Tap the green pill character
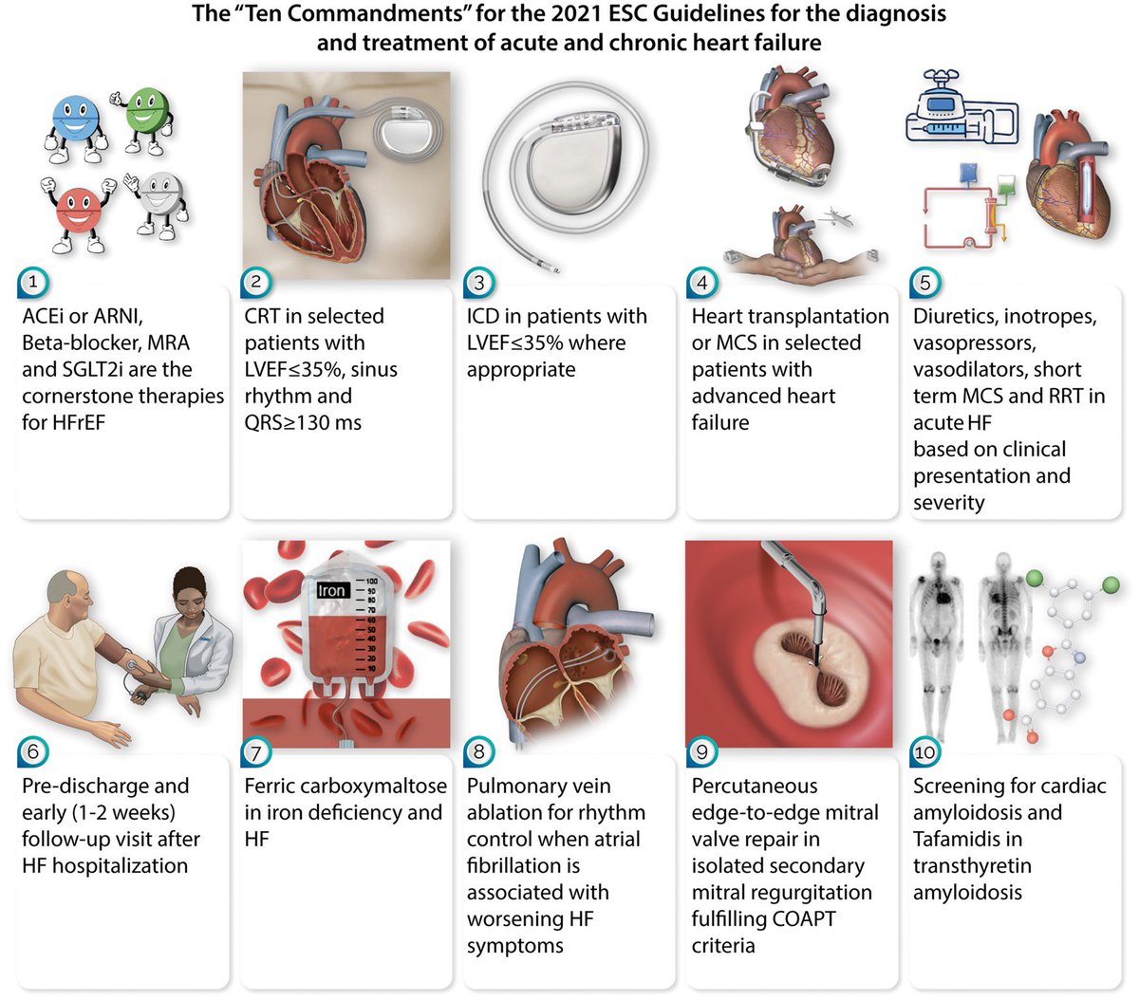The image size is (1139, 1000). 146,113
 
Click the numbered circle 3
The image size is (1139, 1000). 479,282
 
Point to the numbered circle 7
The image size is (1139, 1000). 256,752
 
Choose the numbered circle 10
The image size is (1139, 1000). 924,752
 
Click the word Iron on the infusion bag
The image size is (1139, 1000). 332,590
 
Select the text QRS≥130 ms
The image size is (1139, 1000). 303,422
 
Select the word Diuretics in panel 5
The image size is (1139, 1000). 955,316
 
